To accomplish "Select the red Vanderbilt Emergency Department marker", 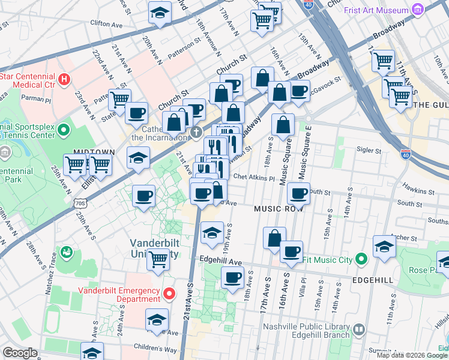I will click(170, 293).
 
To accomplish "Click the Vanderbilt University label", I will click(155, 248).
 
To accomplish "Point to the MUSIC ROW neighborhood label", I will click(276, 209).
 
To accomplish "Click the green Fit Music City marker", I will click(361, 260).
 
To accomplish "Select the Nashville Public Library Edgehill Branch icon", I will click(358, 329).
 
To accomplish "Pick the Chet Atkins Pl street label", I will click(254, 178).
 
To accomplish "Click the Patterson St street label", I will click(184, 46).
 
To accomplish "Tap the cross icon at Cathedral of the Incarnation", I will click(195, 131).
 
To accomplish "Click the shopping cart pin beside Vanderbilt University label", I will click(158, 259).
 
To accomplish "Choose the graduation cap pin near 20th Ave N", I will click(160, 13).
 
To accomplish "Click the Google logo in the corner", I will click(20, 353).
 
